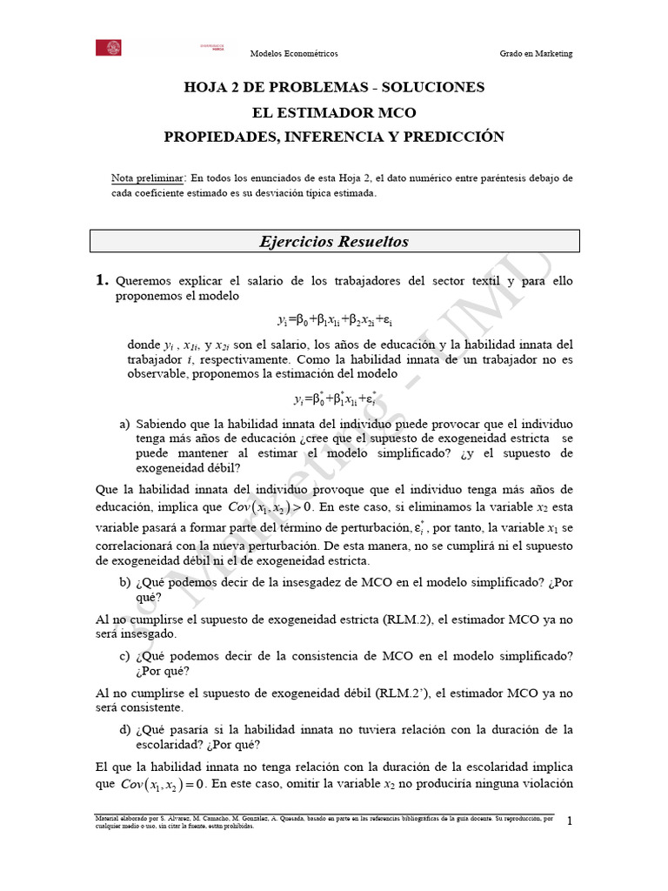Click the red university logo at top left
(x=108, y=48)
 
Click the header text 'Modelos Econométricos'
(x=294, y=54)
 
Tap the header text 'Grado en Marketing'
(x=536, y=54)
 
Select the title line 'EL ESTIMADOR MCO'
(x=334, y=112)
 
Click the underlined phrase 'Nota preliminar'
(x=148, y=178)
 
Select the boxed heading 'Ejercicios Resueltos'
(x=334, y=241)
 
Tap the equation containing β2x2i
(x=334, y=320)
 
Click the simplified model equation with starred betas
(x=334, y=399)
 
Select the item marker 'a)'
(x=125, y=424)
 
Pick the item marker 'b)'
(x=125, y=583)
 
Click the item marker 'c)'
(x=125, y=655)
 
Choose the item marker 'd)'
(x=125, y=728)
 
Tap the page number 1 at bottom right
(x=570, y=821)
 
